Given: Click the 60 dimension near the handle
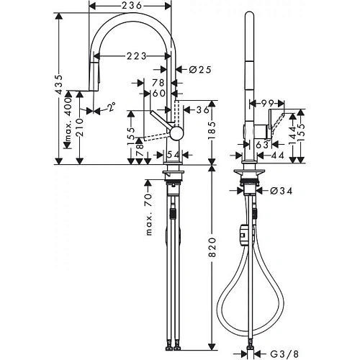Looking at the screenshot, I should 158,92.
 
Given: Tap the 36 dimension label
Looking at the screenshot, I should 202,109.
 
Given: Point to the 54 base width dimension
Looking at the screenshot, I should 173,153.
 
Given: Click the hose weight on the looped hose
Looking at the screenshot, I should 244,235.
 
